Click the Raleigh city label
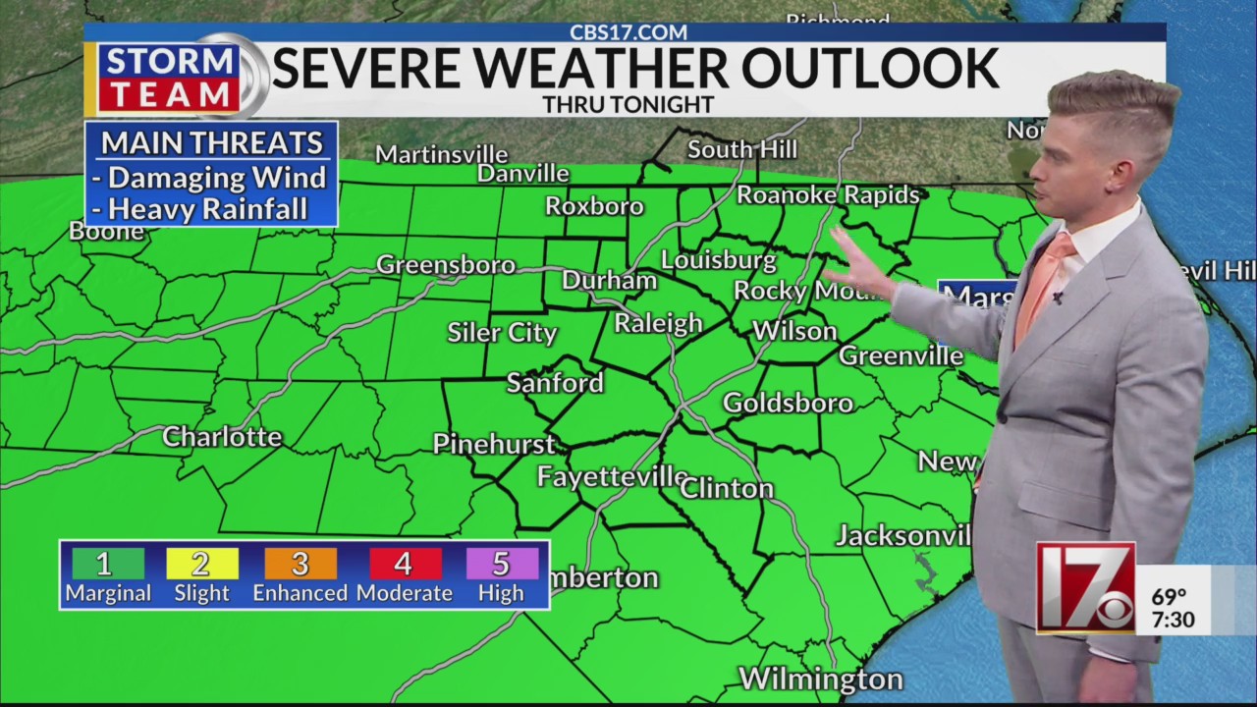click(x=658, y=323)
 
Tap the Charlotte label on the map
click(x=222, y=436)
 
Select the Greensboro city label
click(x=445, y=264)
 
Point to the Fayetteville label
click(x=612, y=477)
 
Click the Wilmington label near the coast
click(x=820, y=679)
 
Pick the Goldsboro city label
click(x=788, y=403)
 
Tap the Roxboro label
click(x=594, y=206)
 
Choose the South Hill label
click(x=741, y=149)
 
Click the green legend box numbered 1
click(x=107, y=564)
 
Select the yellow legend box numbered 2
click(x=202, y=564)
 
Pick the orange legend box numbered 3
click(x=301, y=564)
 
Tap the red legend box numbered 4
click(x=404, y=564)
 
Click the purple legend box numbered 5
click(x=501, y=564)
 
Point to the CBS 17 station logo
click(x=1085, y=587)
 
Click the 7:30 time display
click(x=1173, y=620)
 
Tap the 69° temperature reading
click(x=1169, y=596)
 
